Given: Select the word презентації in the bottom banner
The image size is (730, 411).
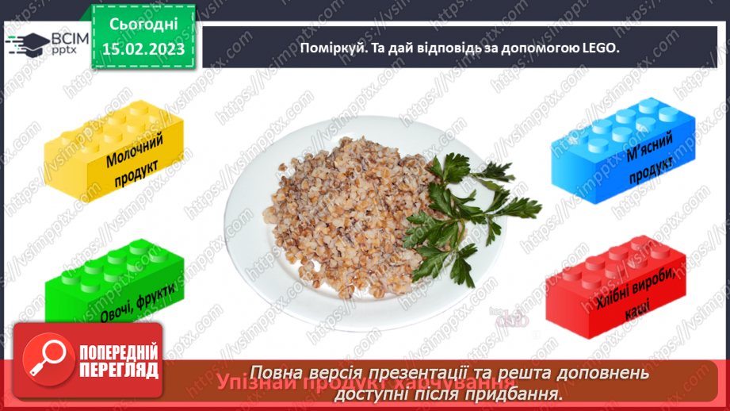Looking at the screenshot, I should (426, 373).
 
